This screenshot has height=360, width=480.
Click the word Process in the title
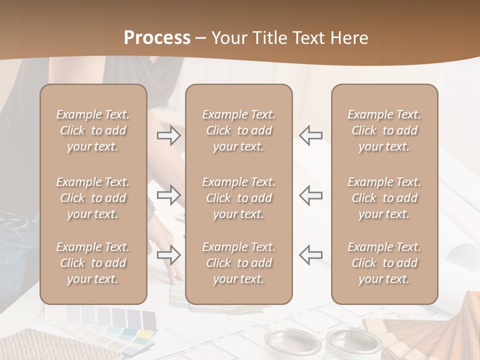tap(157, 38)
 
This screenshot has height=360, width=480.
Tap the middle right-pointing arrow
tap(168, 195)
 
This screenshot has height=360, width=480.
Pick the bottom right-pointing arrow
tap(168, 255)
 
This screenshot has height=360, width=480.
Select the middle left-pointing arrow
tap(310, 195)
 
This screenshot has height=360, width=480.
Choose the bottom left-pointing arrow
tap(310, 255)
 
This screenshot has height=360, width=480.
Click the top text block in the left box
tap(93, 130)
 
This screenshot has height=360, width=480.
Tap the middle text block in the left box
tap(93, 198)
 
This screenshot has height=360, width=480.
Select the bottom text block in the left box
tap(93, 263)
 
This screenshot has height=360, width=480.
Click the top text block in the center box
tap(238, 130)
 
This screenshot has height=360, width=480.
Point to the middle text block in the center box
tap(238, 198)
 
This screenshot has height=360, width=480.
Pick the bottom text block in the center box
tap(238, 263)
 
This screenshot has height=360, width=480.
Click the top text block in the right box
tap(384, 130)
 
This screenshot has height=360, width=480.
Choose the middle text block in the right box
tap(384, 198)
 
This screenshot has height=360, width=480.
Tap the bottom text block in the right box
tap(384, 263)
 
